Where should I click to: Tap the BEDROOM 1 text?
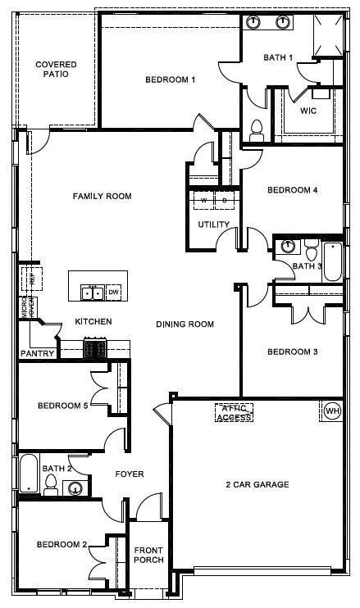[x=170, y=79]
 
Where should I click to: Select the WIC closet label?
[x=308, y=110]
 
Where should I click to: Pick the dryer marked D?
[x=224, y=199]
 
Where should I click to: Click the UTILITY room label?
[x=213, y=225]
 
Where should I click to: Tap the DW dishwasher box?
[x=114, y=293]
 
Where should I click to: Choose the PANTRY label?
[x=38, y=354]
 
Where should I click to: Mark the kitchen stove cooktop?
[x=95, y=349]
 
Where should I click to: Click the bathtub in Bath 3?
[x=332, y=261]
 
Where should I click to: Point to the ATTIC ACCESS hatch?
[x=234, y=413]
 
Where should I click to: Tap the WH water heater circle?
[x=332, y=410]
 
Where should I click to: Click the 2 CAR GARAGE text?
[x=257, y=484]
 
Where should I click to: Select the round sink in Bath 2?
[x=75, y=489]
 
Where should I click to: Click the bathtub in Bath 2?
[x=29, y=474]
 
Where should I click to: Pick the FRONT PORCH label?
[x=149, y=555]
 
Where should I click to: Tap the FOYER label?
[x=129, y=474]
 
